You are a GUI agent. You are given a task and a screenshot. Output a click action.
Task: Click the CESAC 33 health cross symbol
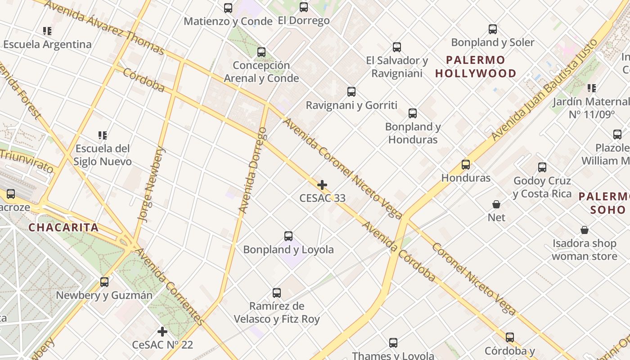[322, 185]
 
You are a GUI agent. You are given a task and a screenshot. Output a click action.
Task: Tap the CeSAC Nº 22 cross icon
[162, 332]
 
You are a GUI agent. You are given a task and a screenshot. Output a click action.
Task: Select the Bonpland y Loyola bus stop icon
[288, 236]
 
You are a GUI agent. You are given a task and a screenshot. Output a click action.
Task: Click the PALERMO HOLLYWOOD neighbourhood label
[476, 67]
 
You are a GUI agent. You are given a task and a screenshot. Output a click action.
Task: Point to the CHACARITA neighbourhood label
[63, 227]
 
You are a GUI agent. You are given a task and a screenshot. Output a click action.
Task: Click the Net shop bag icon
[496, 204]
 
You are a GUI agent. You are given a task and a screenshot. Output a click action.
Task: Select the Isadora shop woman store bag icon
[584, 230]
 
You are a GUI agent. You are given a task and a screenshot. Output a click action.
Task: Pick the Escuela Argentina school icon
[47, 31]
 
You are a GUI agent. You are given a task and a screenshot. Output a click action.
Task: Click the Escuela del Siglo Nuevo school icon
[103, 135]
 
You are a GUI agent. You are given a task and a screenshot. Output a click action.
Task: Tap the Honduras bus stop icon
[466, 165]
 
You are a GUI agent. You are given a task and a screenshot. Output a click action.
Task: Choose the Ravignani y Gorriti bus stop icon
[351, 92]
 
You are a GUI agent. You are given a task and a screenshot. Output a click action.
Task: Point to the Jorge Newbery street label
[151, 184]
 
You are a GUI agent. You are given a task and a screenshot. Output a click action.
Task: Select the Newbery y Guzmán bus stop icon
[104, 282]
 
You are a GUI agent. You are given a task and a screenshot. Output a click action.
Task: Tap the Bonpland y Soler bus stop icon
[493, 30]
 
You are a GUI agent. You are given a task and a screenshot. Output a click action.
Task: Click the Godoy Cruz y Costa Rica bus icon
[542, 168]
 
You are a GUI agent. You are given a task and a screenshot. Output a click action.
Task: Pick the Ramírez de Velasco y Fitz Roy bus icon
[277, 293]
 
